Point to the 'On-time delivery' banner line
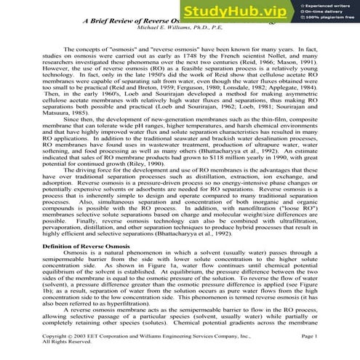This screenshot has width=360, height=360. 330,14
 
